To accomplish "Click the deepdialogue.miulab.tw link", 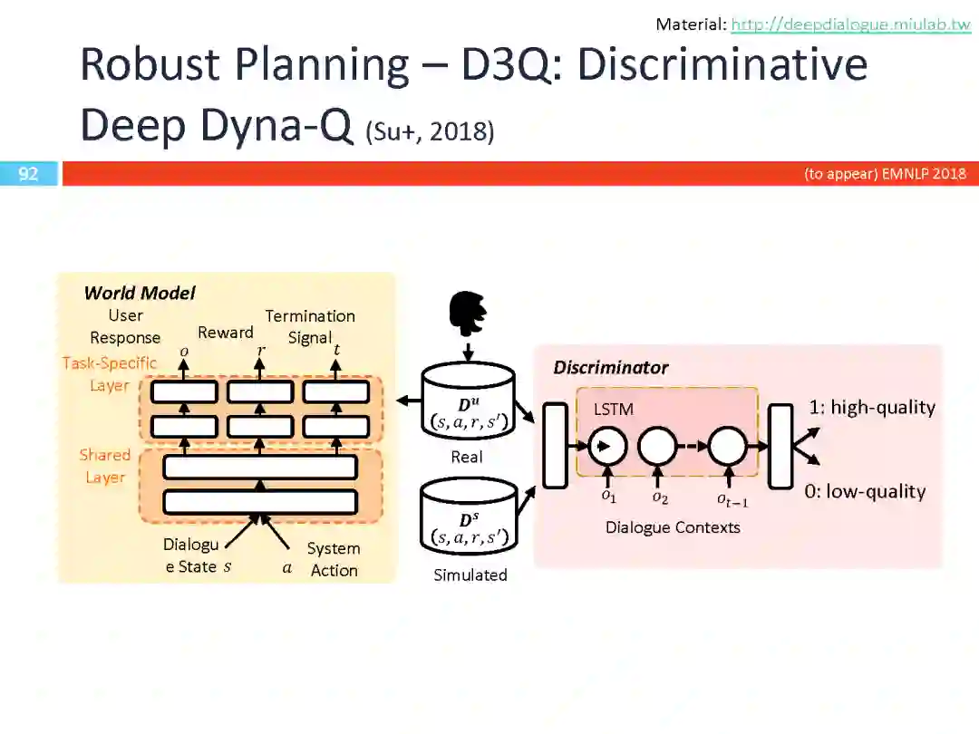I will click(x=850, y=24).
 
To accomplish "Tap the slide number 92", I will click(x=29, y=174).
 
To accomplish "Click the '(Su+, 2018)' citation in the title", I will click(x=430, y=132).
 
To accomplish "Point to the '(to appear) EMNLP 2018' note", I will click(x=885, y=174).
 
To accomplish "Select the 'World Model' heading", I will click(x=139, y=293).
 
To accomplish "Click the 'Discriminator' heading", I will click(x=610, y=367).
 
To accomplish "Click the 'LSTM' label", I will click(x=614, y=409).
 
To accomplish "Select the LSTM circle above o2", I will click(x=657, y=446).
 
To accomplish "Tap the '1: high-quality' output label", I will click(x=871, y=407).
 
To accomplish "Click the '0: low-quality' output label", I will click(x=865, y=491).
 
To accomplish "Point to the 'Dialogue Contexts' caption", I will click(x=673, y=527).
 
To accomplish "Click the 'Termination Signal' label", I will click(x=310, y=326).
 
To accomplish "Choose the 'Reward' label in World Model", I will click(x=226, y=333).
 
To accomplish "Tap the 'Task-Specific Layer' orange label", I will click(x=109, y=373).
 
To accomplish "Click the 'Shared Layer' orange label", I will click(x=104, y=466).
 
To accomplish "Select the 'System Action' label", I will click(x=334, y=559).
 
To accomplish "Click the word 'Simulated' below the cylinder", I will click(x=470, y=575).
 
